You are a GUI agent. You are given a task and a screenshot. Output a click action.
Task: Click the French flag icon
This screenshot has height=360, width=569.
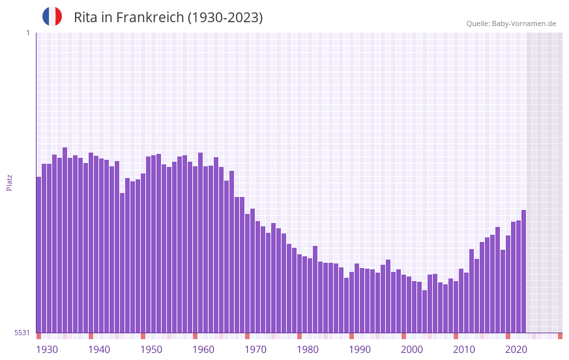tap(52, 17)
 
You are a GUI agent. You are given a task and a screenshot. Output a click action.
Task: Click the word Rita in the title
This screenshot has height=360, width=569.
tap(87, 18)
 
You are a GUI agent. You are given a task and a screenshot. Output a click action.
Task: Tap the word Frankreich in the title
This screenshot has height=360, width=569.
tap(149, 18)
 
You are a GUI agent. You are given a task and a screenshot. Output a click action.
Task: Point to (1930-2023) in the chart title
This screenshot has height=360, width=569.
tap(225, 18)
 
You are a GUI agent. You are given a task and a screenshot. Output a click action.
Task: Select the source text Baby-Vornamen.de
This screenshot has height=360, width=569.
tap(524, 23)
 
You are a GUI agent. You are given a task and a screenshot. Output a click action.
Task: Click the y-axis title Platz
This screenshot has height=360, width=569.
tap(9, 182)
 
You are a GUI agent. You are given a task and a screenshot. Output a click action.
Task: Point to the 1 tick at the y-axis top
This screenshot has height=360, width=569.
tap(27, 33)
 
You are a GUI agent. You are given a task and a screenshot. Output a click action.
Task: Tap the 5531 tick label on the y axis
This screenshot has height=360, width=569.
tap(22, 333)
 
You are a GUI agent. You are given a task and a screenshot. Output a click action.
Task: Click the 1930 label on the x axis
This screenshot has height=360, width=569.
tap(47, 350)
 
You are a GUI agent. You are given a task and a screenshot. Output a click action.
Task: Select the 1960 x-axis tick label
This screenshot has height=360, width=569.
tap(203, 350)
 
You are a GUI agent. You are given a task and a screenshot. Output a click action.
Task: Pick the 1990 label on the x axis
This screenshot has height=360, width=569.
tap(360, 350)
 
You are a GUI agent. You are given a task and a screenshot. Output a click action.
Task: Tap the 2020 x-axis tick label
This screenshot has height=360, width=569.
tap(516, 350)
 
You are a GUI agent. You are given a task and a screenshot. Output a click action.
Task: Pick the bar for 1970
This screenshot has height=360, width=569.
tap(247, 273)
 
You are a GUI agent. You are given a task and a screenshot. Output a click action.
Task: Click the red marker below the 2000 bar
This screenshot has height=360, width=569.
tap(403, 336)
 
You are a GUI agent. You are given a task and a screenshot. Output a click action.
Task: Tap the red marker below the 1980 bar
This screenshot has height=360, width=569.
tap(299, 336)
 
